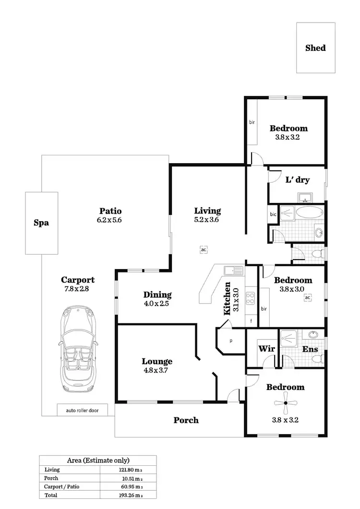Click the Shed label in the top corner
pos(315,48)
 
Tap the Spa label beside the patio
pos(41,223)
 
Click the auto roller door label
pos(80,410)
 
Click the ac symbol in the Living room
pos(204,250)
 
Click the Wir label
pos(266,349)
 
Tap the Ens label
pos(310,349)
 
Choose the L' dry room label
pos(297,180)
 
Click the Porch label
pos(186,420)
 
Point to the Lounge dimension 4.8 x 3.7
pos(157,370)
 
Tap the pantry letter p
pos(231,341)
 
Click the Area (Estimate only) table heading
pos(98,460)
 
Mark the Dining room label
pos(157,295)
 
